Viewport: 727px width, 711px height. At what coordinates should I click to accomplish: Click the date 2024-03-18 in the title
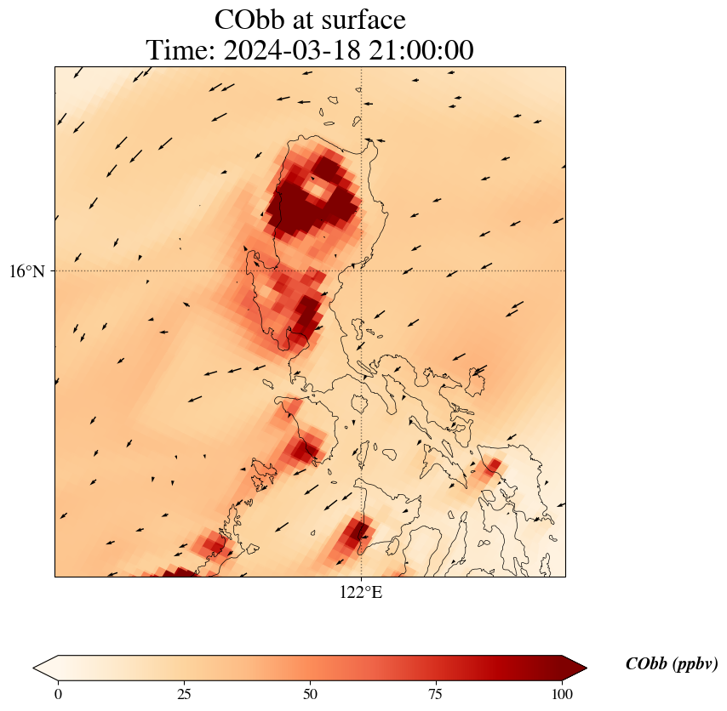[x=289, y=50]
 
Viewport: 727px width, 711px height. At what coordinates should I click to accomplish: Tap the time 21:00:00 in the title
[x=418, y=50]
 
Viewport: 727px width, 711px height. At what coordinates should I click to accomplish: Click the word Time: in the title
[x=180, y=50]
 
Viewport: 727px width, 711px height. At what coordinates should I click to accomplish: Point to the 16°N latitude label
[x=26, y=271]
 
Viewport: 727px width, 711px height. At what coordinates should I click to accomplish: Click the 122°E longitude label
[x=361, y=593]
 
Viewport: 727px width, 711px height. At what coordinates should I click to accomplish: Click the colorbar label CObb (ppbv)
[x=671, y=664]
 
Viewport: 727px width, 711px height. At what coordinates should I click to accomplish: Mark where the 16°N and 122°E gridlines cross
[x=362, y=270]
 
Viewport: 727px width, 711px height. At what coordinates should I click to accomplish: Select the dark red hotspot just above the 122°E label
[x=354, y=534]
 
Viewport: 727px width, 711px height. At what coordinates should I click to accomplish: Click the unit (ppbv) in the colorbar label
[x=694, y=664]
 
